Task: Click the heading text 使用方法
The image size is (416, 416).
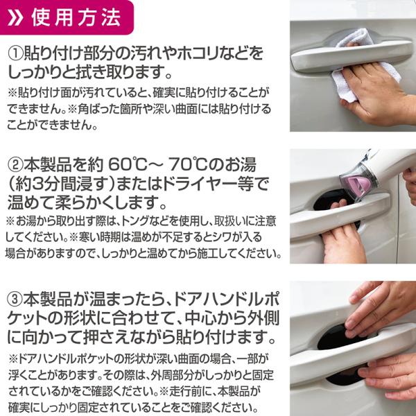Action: [76, 17]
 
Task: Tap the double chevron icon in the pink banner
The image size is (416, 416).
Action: [15, 18]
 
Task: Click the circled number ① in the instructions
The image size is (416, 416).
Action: [16, 53]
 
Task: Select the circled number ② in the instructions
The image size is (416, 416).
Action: [16, 164]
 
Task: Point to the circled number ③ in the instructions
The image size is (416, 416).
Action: [15, 299]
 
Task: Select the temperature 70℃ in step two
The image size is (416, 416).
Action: [188, 164]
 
